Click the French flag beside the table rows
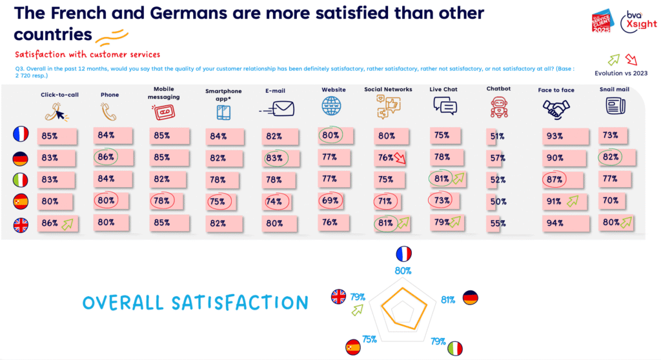click(21, 135)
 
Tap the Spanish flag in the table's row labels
click(21, 201)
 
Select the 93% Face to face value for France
click(554, 135)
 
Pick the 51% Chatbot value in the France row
click(497, 136)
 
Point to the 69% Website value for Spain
click(331, 201)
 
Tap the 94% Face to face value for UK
click(554, 223)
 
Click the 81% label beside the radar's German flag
click(447, 299)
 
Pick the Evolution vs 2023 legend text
click(622, 73)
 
